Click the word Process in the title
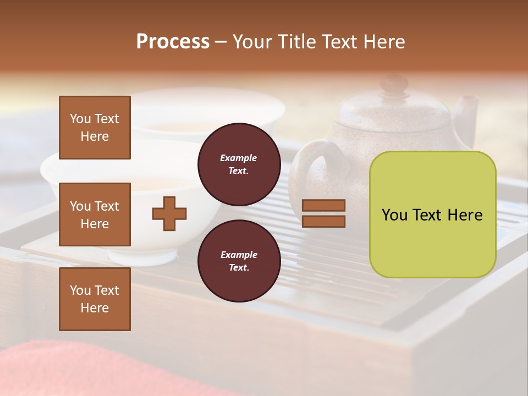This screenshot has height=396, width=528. point(173,42)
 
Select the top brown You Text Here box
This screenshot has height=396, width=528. point(95,128)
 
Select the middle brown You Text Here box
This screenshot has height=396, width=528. point(95,215)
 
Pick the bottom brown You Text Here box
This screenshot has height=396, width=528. point(95,299)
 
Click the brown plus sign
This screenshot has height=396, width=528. point(169,213)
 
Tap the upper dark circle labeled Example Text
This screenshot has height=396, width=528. point(239,164)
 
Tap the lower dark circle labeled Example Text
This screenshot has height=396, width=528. point(239,261)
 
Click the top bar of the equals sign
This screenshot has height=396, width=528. point(324,206)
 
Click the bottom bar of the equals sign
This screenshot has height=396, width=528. point(324,222)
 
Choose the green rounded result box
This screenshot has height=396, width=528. point(432,215)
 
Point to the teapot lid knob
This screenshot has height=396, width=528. point(394,84)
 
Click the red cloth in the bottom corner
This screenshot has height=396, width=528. point(82,369)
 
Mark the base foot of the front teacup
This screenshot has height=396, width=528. point(144,255)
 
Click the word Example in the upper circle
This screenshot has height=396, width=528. point(239,158)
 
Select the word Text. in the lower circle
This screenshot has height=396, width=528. point(239,267)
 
